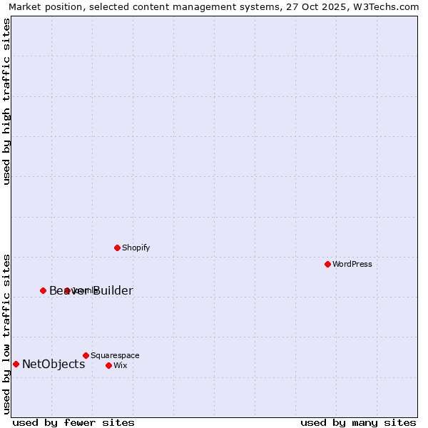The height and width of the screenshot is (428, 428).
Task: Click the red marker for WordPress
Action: click(x=327, y=264)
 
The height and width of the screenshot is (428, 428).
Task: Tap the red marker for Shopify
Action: click(x=117, y=248)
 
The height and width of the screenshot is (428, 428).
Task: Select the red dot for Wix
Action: click(x=108, y=365)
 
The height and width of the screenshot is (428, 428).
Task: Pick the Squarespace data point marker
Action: click(x=86, y=355)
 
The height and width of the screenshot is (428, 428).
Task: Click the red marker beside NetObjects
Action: click(x=16, y=364)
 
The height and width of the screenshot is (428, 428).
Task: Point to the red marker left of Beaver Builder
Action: click(x=43, y=290)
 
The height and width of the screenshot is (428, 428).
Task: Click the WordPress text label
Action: click(x=352, y=264)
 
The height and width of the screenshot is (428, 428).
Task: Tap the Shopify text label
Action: click(x=136, y=248)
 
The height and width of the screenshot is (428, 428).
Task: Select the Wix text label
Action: click(x=120, y=365)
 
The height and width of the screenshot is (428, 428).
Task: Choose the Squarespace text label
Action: click(x=115, y=355)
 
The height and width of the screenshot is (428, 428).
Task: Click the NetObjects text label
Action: click(x=53, y=364)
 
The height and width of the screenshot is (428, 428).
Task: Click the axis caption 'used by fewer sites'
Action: click(x=73, y=422)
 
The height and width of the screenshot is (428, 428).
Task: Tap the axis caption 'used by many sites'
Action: click(x=358, y=422)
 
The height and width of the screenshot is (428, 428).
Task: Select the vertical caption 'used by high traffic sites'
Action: click(x=6, y=101)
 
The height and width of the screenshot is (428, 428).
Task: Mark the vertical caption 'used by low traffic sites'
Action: click(x=6, y=333)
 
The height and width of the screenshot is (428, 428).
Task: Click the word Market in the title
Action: click(x=25, y=7)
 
